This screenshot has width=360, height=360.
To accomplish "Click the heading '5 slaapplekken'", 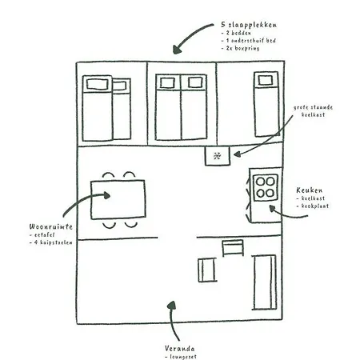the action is (249, 25).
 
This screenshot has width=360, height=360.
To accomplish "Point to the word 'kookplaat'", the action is (315, 206).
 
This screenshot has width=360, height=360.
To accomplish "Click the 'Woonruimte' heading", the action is (51, 226).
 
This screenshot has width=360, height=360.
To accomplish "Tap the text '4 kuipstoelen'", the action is (54, 242).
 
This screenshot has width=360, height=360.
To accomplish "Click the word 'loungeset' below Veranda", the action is (183, 357).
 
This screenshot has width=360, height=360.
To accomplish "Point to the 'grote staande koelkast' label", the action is (313, 111).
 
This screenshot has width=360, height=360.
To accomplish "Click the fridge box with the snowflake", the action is (218, 156).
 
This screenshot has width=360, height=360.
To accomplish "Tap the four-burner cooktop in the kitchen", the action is (266, 188).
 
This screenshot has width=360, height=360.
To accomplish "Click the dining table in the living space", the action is (118, 200).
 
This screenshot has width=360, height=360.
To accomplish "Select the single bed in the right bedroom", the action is (266, 104).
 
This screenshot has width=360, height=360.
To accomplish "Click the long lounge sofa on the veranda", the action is (264, 282).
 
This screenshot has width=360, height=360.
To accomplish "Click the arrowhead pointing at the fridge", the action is (237, 154).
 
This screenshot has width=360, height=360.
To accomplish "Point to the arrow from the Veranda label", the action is (173, 320).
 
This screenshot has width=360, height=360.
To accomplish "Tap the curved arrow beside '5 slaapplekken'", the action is (190, 37).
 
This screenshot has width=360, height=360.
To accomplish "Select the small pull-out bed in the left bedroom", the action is (122, 109).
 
